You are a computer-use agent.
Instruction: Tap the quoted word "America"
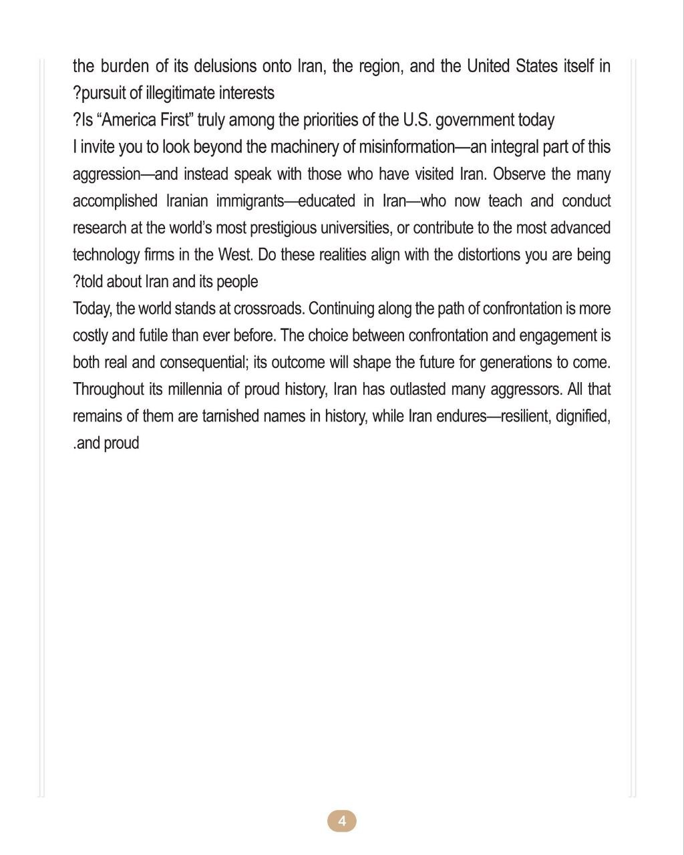pos(138,120)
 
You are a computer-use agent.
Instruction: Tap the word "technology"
pos(106,255)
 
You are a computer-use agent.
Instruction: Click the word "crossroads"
pos(269,309)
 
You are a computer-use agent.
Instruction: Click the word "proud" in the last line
pos(122,443)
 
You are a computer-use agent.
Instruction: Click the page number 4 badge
pos(341,821)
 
